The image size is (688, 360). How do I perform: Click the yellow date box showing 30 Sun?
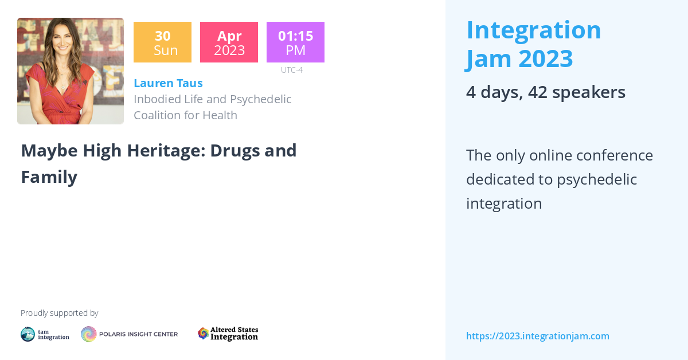[162, 42]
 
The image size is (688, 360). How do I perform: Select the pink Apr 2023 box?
[229, 42]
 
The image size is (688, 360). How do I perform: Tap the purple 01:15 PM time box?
[295, 42]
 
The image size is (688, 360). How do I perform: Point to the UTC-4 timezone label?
[291, 70]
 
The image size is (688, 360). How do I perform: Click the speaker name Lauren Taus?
[168, 83]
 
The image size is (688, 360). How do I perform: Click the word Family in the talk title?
[49, 177]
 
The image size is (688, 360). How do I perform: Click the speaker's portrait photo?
[71, 71]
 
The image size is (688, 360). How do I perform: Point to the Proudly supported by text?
[59, 313]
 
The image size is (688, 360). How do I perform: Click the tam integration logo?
[45, 334]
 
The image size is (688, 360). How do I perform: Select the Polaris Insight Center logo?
[129, 334]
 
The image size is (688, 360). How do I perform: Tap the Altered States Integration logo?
[228, 334]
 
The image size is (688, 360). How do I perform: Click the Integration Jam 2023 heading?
[533, 44]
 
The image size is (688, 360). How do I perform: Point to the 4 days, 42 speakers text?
[545, 92]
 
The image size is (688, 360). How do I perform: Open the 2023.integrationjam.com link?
[537, 336]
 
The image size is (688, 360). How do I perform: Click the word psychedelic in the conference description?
[597, 179]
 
